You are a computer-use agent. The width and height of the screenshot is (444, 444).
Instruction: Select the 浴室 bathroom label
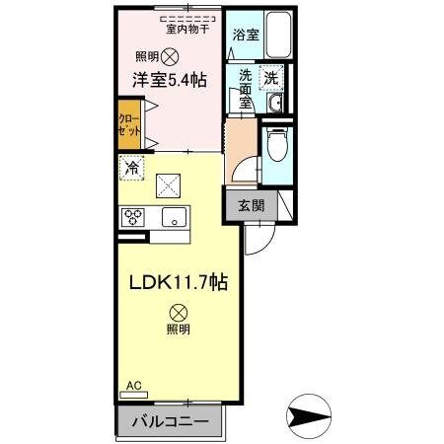coord(247,36)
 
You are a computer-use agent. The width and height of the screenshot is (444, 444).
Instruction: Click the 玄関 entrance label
coord(251,206)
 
